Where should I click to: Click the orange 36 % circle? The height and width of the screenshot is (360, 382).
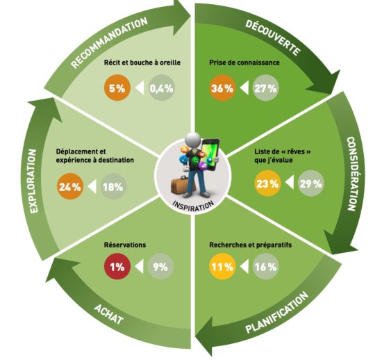(x=222, y=88)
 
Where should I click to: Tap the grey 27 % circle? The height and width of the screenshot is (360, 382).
(x=265, y=88)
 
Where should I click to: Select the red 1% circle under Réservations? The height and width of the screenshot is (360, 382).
(x=117, y=266)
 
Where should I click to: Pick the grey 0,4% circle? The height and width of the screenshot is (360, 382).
(x=162, y=88)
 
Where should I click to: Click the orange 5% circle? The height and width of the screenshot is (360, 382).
(x=117, y=88)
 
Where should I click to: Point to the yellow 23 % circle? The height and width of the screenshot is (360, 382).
(x=267, y=183)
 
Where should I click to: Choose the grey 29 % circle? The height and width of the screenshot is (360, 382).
(x=311, y=183)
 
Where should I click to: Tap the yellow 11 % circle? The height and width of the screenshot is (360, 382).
(x=222, y=266)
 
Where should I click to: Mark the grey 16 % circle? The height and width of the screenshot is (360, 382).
(x=265, y=266)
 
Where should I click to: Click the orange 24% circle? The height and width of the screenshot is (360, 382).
(x=70, y=187)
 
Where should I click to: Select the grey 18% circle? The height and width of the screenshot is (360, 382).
(x=113, y=187)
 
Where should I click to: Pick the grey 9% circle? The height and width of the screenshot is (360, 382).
(x=160, y=266)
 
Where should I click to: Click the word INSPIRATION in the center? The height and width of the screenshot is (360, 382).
(x=193, y=206)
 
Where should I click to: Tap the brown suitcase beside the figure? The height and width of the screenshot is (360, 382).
(x=182, y=186)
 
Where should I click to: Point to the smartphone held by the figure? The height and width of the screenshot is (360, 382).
(x=210, y=154)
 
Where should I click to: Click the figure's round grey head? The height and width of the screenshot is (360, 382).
(x=192, y=140)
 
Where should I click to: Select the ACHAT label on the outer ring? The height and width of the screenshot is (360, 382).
(x=108, y=314)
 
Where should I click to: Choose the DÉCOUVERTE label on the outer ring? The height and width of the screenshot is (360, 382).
(x=273, y=37)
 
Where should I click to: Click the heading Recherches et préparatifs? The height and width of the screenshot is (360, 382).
(x=251, y=245)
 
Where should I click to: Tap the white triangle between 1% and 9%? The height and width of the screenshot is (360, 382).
(x=140, y=266)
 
